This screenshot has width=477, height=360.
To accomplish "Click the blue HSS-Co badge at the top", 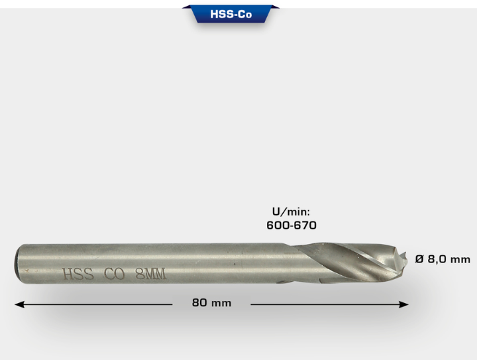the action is [x=231, y=14].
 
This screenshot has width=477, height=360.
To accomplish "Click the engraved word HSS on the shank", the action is [x=78, y=274].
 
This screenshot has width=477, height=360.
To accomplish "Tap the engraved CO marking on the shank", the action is [x=115, y=274].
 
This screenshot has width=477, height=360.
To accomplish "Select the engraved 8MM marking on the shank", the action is [x=151, y=274].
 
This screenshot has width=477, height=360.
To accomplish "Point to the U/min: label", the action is [x=291, y=211].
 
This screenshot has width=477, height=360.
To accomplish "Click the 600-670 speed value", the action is [x=291, y=225].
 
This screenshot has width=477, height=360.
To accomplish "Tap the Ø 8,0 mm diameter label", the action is [x=443, y=259].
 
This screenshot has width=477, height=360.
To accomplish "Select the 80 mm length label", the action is [x=212, y=303].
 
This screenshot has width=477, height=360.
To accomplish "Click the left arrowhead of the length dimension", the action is [x=19, y=304].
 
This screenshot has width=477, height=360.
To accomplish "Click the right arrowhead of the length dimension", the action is [x=403, y=304].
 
